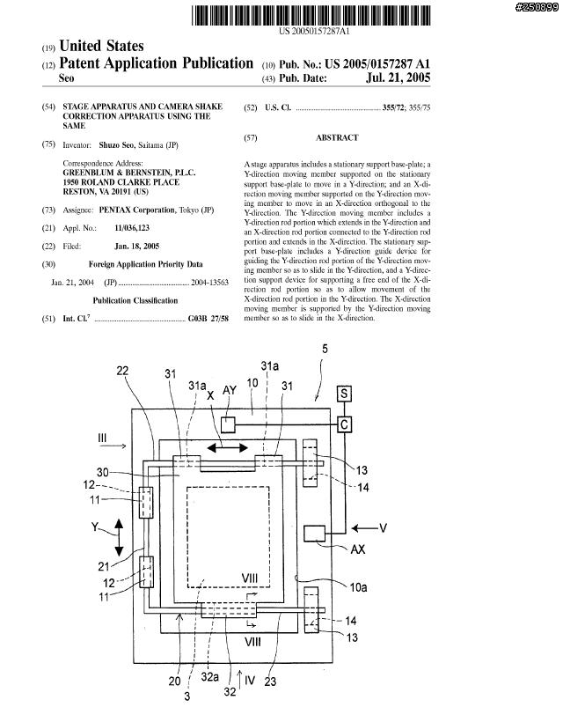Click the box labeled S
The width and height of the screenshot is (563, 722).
pos(344,394)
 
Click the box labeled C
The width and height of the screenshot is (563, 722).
pos(345,424)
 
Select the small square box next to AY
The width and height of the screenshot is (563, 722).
pos(228,424)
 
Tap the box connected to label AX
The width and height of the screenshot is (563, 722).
pos(315,534)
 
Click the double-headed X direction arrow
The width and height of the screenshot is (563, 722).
pos(228,447)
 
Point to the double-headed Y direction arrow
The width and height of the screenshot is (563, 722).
pos(119,537)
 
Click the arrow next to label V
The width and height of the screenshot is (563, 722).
pos(365,528)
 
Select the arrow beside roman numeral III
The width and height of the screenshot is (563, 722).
pos(113,446)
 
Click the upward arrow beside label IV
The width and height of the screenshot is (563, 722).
pos(239,680)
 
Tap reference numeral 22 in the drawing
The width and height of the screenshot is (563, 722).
pos(122,371)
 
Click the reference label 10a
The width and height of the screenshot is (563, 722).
pos(358,587)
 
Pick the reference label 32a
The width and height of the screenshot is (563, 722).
pos(209,676)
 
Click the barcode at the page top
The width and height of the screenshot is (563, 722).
pos(311,15)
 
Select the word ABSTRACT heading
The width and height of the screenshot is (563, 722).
pos(337,137)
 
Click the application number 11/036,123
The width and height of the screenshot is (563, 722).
pos(132,228)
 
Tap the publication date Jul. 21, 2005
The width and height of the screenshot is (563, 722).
pos(398,77)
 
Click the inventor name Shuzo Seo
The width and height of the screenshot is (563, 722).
pos(116,145)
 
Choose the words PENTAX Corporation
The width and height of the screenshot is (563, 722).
pos(137,210)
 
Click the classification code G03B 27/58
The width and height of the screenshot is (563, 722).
pos(208,319)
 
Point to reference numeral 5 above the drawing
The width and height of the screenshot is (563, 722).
pos(325,349)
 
